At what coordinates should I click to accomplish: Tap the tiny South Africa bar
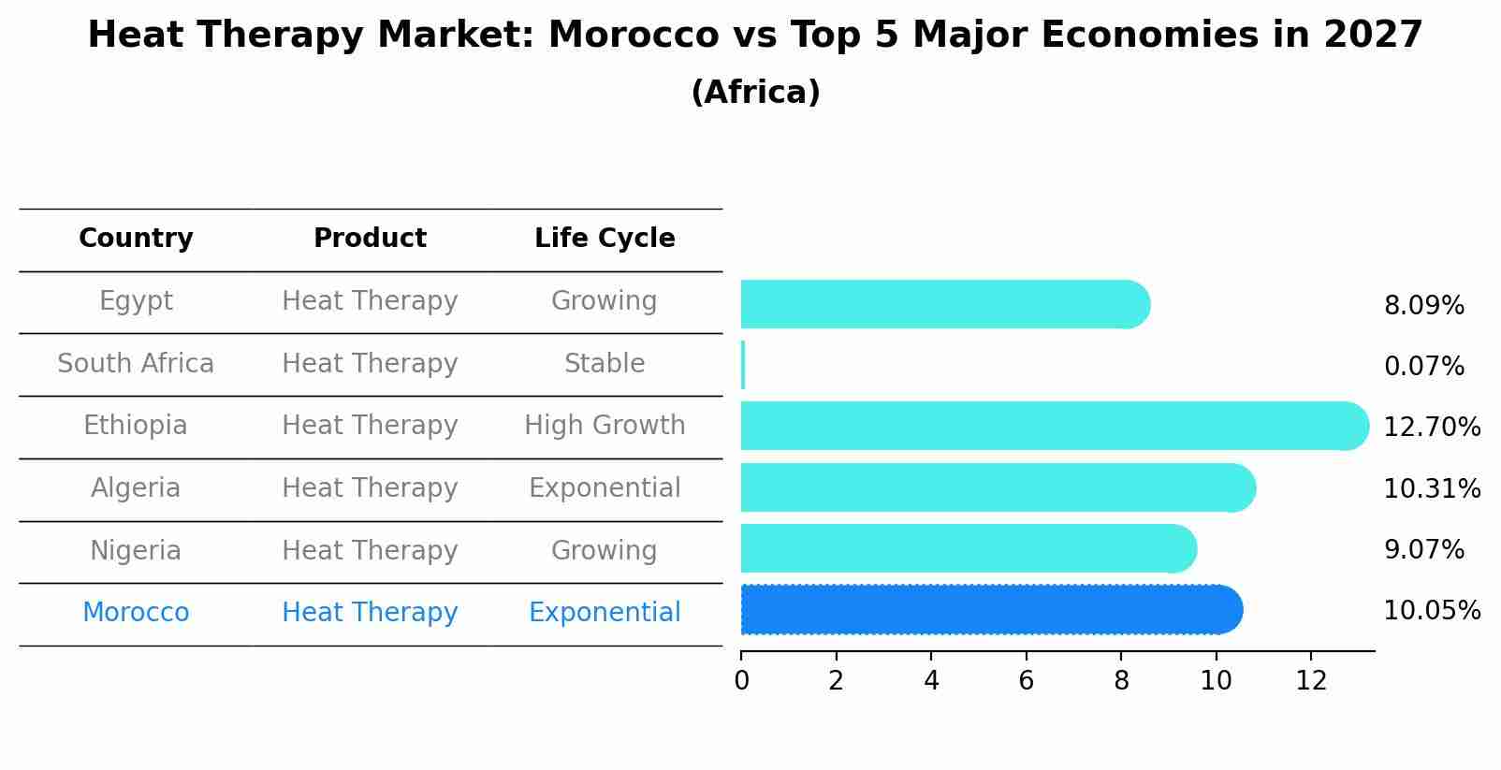pos(743,365)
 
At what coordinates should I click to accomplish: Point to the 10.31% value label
pos(1432,488)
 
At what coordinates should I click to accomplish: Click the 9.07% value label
pos(1423,549)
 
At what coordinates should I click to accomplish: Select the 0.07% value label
pos(1423,366)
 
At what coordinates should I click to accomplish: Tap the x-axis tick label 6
pos(1026,681)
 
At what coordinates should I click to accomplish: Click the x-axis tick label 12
pos(1311,681)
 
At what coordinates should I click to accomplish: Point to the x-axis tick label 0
pos(741,681)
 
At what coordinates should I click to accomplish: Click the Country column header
pos(136,239)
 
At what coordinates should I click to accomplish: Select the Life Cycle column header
pos(605,239)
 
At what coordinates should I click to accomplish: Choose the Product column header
pos(370,239)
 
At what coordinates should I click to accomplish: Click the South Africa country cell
pos(136,363)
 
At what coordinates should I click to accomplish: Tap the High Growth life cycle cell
pos(605,426)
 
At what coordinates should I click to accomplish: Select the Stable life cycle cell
pos(605,363)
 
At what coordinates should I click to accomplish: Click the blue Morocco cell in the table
pos(136,613)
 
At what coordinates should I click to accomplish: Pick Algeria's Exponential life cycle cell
pos(605,488)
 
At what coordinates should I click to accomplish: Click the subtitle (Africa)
pos(755,93)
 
